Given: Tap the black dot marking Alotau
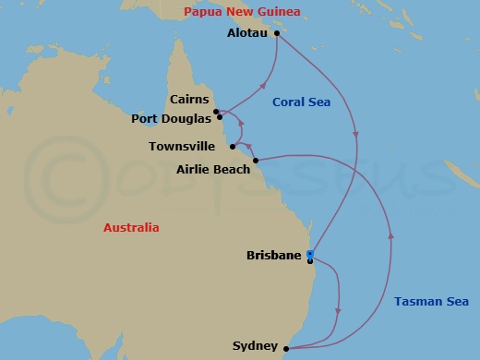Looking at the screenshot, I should [277, 33].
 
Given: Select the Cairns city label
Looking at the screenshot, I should [190, 100].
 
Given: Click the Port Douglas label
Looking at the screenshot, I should [172, 117].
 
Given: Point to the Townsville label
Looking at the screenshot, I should [181, 146].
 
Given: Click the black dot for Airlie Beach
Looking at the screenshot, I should [256, 159].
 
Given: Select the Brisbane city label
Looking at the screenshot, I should [274, 255].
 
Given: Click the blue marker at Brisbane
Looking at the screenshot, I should [310, 254].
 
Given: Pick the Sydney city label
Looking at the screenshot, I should [255, 346].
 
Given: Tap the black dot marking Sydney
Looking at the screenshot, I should [287, 348].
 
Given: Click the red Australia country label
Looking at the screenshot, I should [131, 227].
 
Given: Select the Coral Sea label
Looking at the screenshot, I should [295, 102].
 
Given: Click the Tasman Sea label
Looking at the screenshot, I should [430, 301].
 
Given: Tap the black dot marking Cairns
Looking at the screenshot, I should [215, 112].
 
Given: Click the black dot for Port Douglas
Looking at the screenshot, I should [220, 117].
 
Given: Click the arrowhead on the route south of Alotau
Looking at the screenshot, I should [356, 136].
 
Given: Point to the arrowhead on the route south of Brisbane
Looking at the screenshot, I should [339, 310].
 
